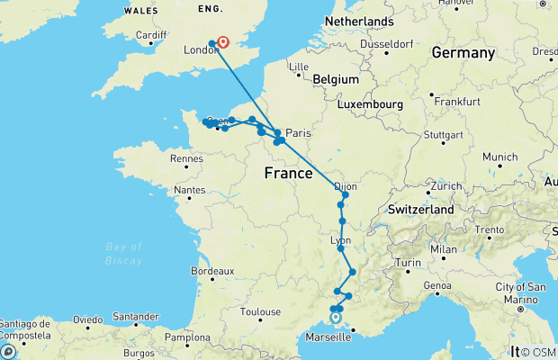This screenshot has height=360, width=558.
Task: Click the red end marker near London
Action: click(x=223, y=41)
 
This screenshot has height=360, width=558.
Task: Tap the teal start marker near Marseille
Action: click(x=335, y=317)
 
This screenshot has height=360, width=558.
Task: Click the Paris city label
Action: click(x=298, y=133)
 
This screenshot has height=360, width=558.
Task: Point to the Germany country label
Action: click(x=463, y=53)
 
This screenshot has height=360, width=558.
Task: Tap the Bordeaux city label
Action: click(x=212, y=270)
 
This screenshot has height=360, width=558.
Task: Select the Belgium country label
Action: click(x=337, y=80)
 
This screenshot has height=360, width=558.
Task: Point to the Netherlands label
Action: click(x=359, y=21)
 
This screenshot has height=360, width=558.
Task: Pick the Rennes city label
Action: click(x=186, y=158)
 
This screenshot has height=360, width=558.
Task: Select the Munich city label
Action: click(x=499, y=157)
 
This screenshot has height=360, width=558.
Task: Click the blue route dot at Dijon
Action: click(x=345, y=195)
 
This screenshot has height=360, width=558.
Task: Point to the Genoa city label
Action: click(x=438, y=285)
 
